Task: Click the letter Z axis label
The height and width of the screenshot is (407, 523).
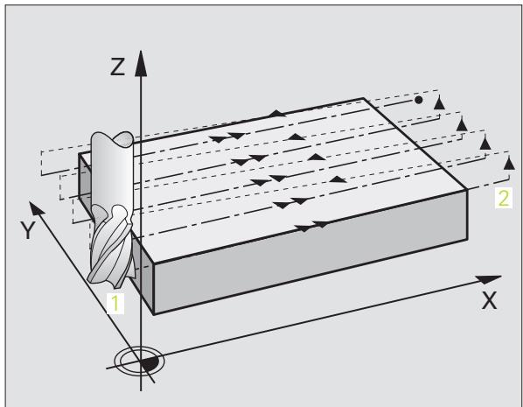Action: [x=117, y=67]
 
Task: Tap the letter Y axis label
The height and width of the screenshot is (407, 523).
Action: [x=28, y=230]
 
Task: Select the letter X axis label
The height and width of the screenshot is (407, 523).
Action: [x=489, y=300]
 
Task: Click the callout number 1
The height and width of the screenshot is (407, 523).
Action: [x=115, y=304]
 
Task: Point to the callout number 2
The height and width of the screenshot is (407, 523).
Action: [x=503, y=198]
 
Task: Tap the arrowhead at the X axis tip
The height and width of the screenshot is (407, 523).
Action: [x=488, y=279]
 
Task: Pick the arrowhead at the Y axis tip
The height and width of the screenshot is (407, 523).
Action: [x=36, y=207]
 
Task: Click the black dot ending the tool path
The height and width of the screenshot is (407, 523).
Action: [x=419, y=100]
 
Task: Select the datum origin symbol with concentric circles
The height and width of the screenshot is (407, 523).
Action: [x=140, y=361]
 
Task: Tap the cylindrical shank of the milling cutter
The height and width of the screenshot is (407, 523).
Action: [x=112, y=171]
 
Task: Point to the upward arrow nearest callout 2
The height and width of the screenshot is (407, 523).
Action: [x=509, y=164]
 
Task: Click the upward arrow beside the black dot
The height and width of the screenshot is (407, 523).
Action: [x=439, y=102]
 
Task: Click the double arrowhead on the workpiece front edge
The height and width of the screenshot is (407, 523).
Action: [x=313, y=226]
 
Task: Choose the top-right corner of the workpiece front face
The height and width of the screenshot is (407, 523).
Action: [x=467, y=190]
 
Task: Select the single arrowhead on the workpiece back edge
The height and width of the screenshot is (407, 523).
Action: [x=277, y=114]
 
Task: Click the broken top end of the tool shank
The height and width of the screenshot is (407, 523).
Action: [x=113, y=138]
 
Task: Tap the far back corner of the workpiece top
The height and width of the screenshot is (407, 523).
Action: [x=363, y=98]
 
